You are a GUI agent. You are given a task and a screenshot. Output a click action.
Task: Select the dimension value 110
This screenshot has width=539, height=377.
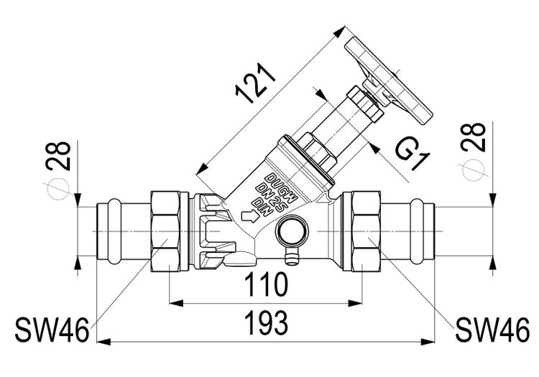266,285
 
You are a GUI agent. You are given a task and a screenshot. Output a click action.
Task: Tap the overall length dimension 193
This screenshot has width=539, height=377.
266,322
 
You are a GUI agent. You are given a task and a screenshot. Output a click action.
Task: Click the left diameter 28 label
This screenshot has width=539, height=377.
60,154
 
